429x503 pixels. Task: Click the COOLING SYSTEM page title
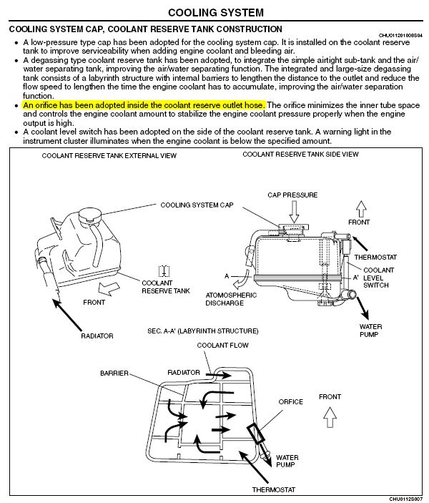[x=216, y=12]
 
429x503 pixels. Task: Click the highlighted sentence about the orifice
[x=144, y=105]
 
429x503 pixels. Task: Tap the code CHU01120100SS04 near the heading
[x=400, y=35]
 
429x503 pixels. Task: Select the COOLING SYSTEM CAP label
[x=197, y=205]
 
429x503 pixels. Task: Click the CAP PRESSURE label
[x=292, y=195]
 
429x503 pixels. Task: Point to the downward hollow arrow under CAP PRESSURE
[x=294, y=212]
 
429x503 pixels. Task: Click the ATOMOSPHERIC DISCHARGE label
[x=231, y=299]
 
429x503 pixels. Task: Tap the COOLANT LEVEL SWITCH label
[x=378, y=278]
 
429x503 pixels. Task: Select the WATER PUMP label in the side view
[x=370, y=331]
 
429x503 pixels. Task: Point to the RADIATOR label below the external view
[x=97, y=336]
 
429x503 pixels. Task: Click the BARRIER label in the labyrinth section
[x=114, y=373]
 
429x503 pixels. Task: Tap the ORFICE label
[x=290, y=401]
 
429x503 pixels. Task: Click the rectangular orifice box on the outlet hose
[x=256, y=434]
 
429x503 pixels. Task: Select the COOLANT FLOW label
[x=222, y=345]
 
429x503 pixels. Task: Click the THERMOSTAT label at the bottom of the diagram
[x=274, y=489]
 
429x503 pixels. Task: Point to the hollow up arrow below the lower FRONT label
[x=330, y=417]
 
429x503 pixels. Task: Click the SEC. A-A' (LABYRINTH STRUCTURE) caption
[x=202, y=331]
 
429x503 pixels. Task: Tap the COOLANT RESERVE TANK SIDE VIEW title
[x=300, y=155]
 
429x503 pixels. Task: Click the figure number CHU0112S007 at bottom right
[x=405, y=499]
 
